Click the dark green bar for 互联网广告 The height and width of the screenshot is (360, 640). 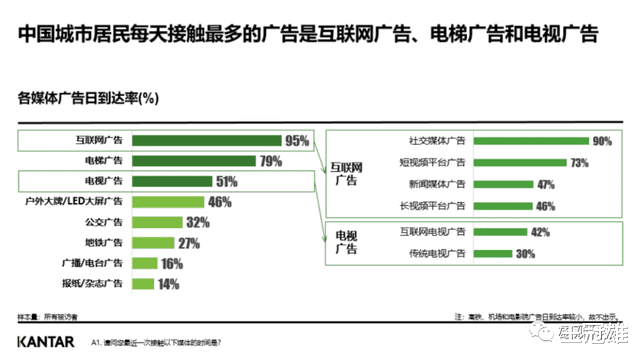point(206,141)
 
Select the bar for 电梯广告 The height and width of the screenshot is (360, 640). point(194,161)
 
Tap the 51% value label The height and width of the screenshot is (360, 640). point(226,182)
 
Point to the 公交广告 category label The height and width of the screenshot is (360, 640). point(103,222)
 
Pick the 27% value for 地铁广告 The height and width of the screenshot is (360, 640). point(188,243)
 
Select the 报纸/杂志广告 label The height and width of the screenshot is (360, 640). point(93,284)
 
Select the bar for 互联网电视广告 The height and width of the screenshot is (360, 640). point(500,232)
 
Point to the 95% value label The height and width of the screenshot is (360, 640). point(297,141)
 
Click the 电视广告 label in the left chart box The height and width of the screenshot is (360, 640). point(103,181)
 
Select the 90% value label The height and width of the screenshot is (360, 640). point(601,142)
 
